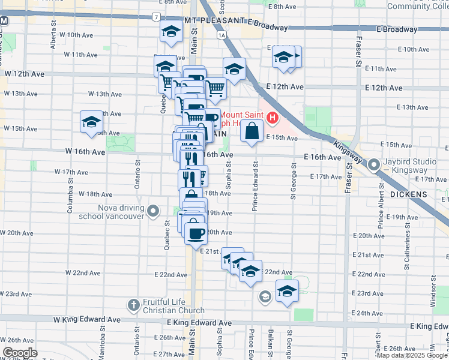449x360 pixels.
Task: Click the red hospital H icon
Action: [x=273, y=117]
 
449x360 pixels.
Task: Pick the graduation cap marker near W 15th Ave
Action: [x=91, y=122]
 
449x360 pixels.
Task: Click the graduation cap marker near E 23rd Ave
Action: [x=287, y=292]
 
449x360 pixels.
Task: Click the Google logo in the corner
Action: [x=20, y=353]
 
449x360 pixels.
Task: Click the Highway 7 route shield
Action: [x=156, y=18]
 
